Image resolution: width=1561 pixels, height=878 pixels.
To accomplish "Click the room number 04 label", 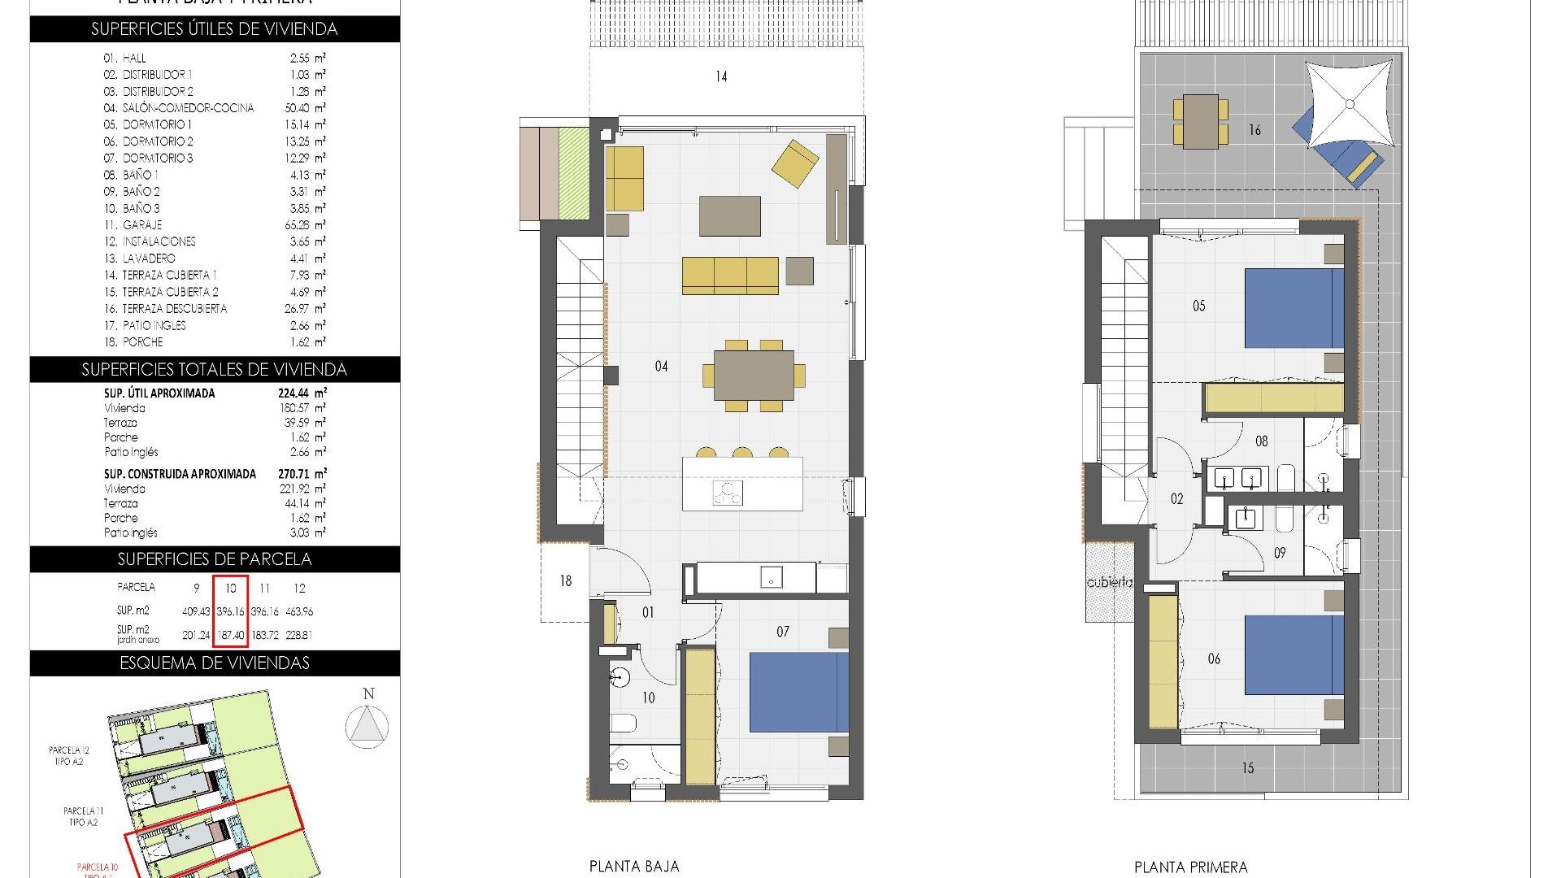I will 661,367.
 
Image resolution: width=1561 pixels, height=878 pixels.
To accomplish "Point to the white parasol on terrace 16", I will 1350,103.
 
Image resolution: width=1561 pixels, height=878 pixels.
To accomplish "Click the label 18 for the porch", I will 566,581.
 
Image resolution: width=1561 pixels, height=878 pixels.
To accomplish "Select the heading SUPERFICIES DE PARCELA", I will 215,559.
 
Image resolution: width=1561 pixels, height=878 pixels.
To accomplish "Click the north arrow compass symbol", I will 367,725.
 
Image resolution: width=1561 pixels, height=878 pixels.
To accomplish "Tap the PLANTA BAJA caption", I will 634,867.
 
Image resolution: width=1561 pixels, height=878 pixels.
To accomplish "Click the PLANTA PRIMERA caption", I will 1190,867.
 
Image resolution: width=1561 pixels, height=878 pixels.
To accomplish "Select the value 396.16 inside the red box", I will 231,611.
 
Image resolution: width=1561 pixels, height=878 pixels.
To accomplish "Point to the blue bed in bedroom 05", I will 1294,309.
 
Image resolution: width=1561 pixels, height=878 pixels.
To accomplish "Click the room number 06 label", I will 1214,659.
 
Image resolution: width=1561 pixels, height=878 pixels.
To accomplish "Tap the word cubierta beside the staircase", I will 1109,582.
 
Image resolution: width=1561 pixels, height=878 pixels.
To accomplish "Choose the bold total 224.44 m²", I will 302,393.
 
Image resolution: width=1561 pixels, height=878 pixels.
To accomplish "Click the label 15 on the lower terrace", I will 1247,767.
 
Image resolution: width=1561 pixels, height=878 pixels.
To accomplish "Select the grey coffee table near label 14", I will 729,215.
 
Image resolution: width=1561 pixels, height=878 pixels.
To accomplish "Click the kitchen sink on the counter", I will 771,578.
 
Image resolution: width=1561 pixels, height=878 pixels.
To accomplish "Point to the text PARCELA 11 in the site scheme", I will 84,811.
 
